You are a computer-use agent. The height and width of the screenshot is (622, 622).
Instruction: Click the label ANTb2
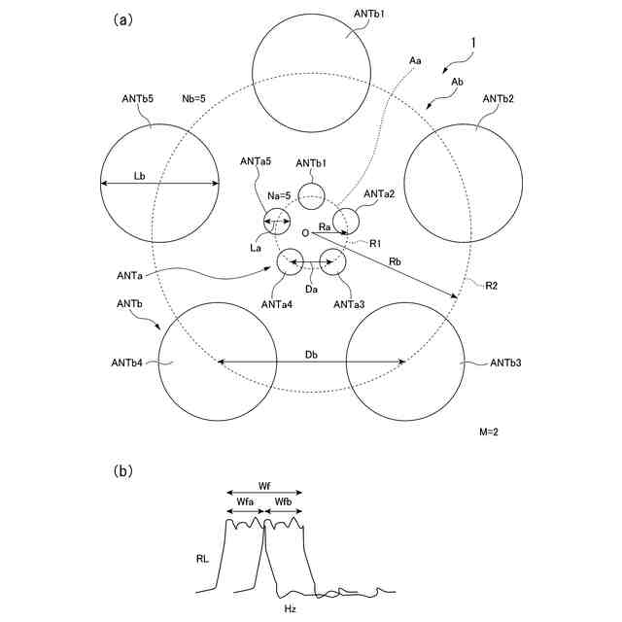click(x=497, y=99)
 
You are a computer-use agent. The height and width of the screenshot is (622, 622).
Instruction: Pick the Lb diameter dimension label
click(x=140, y=176)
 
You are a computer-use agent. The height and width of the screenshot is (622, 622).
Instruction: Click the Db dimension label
click(x=311, y=354)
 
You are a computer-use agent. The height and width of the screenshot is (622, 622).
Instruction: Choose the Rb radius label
click(x=396, y=261)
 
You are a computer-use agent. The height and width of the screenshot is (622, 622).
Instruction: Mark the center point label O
click(x=305, y=233)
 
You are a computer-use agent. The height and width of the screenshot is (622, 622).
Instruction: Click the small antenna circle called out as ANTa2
click(x=346, y=222)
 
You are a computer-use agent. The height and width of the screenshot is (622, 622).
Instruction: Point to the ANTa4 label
click(x=275, y=304)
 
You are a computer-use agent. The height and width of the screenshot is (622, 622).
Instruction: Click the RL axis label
click(x=201, y=559)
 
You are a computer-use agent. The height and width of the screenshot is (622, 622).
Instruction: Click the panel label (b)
click(x=123, y=471)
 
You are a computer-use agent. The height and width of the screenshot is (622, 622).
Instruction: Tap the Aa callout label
click(x=415, y=61)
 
